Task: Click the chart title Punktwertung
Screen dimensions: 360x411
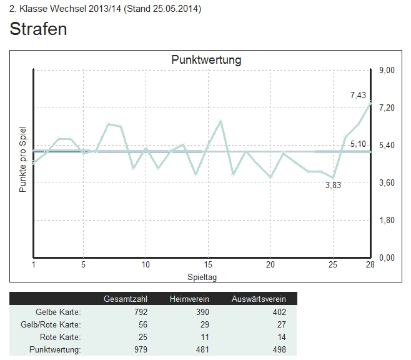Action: click(206, 60)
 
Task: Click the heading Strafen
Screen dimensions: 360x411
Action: click(39, 29)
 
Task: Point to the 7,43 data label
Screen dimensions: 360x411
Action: click(358, 95)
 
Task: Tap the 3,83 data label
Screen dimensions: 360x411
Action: click(334, 185)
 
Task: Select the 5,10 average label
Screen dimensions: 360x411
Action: click(358, 144)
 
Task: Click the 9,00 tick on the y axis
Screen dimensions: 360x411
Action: click(387, 70)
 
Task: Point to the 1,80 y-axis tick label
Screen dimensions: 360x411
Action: click(387, 220)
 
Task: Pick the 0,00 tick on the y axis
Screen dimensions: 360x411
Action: click(387, 257)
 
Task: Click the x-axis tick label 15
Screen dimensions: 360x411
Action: click(208, 265)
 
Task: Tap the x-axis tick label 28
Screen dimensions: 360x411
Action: click(370, 265)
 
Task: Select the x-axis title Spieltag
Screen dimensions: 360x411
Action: click(202, 276)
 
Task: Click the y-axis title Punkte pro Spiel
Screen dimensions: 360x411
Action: click(23, 159)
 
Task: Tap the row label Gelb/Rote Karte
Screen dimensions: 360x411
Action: click(56, 325)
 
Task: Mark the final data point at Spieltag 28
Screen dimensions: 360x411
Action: click(370, 102)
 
